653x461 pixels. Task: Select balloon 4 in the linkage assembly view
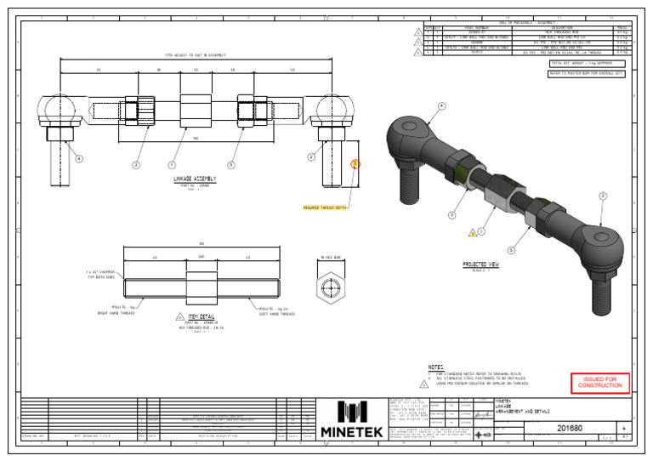pos(79,158)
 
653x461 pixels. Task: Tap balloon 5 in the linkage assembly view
pos(230,165)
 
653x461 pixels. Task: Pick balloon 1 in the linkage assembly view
pos(173,165)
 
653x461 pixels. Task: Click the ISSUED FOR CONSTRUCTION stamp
pos(600,384)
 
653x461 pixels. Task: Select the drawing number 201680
pos(569,429)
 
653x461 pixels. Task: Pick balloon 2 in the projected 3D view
pos(602,196)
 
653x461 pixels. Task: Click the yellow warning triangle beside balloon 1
pos(472,231)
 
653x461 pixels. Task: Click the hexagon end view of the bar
pos(330,288)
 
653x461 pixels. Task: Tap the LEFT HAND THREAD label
pos(271,311)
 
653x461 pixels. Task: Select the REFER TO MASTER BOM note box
pos(588,74)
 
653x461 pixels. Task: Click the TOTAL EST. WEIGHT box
pos(587,63)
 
